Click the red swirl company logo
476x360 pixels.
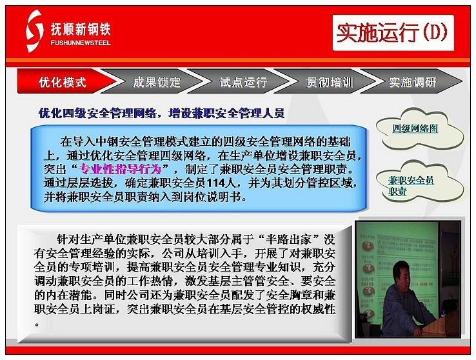point(34,31)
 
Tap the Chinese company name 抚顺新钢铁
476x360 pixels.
point(81,30)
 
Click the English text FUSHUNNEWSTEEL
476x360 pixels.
point(81,43)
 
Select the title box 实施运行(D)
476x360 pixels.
point(393,33)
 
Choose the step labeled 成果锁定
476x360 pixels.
point(157,82)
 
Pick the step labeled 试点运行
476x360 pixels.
point(244,82)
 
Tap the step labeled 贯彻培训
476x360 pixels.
point(330,82)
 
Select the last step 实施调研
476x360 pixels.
point(413,82)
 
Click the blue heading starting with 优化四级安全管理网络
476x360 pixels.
point(161,113)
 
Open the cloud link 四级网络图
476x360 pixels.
point(415,128)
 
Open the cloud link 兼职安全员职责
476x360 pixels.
point(411,186)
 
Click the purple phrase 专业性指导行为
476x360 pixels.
point(120,169)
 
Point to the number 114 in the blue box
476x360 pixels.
point(215,183)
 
